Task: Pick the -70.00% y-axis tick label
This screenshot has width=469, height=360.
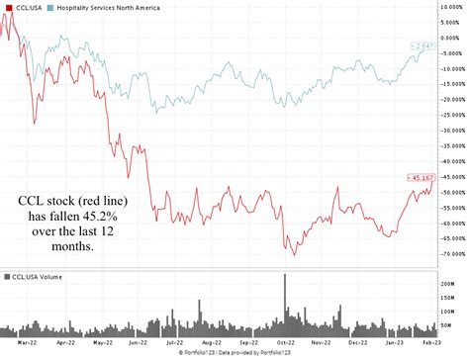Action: coord(451,252)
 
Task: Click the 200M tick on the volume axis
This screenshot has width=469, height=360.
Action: coord(449,283)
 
